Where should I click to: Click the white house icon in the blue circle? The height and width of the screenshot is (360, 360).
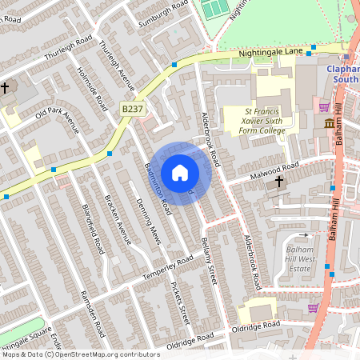[180, 171]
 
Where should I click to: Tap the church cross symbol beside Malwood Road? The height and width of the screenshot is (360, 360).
[279, 182]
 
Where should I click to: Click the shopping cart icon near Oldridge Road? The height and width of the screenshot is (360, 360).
[312, 308]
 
